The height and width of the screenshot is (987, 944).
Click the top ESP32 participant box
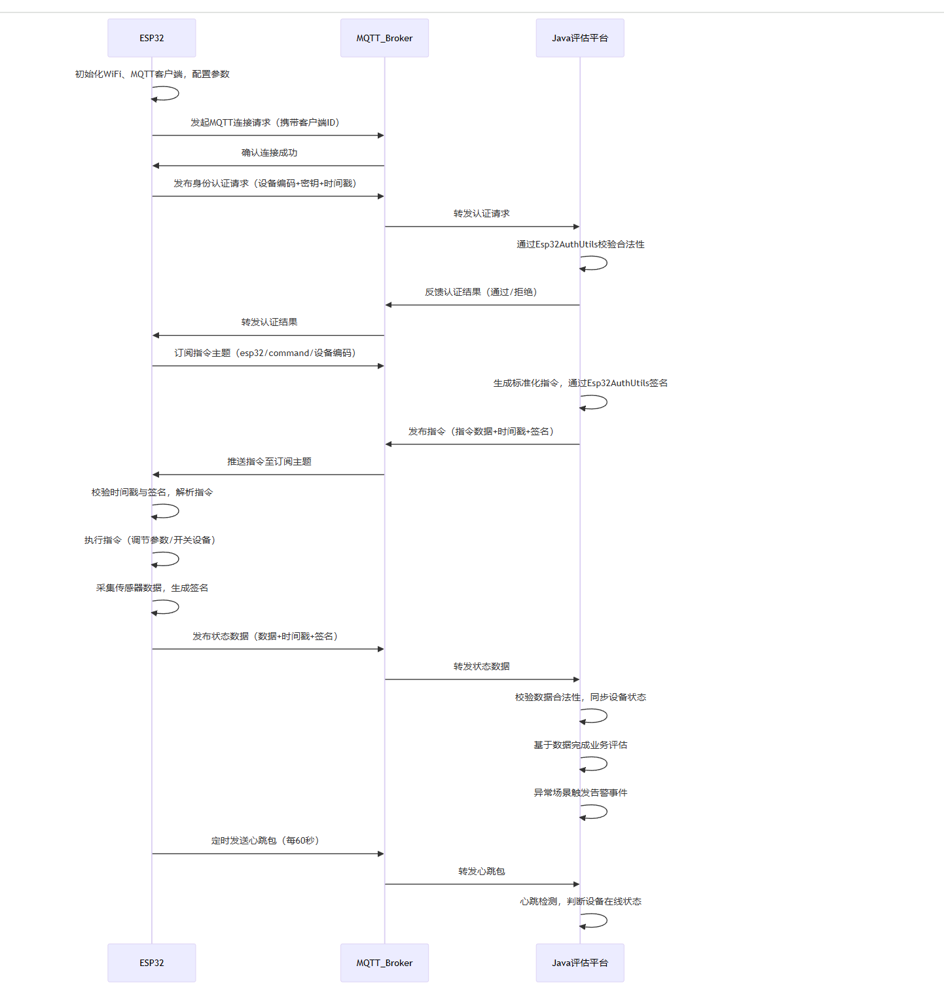tap(151, 38)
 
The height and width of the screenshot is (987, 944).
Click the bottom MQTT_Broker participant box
tap(384, 962)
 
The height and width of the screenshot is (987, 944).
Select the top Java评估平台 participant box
tap(579, 38)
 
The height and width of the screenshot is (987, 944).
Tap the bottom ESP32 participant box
tap(151, 962)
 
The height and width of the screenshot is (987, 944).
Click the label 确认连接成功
tap(269, 153)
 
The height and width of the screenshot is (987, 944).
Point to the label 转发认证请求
tap(481, 213)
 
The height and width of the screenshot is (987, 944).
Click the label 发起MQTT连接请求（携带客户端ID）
tap(265, 122)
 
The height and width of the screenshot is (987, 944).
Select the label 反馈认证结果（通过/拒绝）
tap(481, 292)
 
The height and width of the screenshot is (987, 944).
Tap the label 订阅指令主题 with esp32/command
tap(265, 353)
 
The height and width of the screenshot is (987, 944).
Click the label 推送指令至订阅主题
tap(269, 461)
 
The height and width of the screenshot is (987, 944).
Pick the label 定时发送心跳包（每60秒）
tap(265, 840)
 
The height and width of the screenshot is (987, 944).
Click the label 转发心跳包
tap(481, 871)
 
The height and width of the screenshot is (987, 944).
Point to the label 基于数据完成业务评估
tap(580, 745)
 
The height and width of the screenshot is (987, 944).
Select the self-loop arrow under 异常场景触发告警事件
tap(600, 812)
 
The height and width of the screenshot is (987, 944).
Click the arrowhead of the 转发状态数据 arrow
tap(575, 679)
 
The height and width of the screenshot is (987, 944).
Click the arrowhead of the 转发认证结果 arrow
tap(156, 335)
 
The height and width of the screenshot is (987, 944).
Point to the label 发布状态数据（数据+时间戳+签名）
tap(265, 636)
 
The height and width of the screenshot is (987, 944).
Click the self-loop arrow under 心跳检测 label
tap(600, 920)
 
